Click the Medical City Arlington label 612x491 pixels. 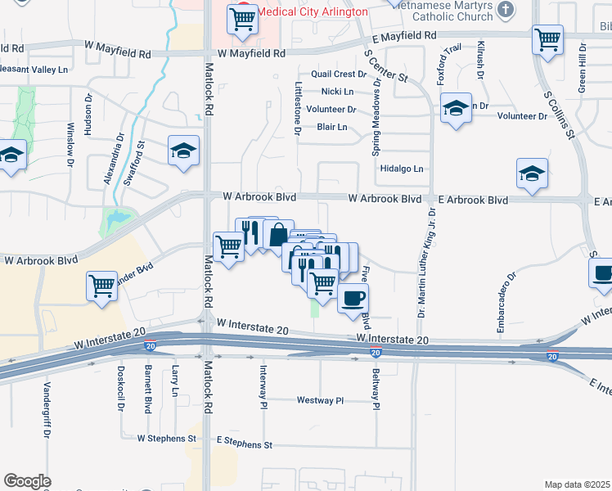tap(310, 12)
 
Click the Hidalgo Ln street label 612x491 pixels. tap(402, 169)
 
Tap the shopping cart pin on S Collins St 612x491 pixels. tap(547, 38)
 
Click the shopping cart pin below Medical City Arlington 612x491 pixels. tap(242, 18)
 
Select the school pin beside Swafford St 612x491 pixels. tap(184, 150)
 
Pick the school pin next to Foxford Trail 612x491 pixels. tap(456, 107)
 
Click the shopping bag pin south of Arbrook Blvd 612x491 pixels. tap(278, 234)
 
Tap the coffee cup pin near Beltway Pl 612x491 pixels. tap(353, 298)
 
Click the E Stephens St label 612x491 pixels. tap(244, 444)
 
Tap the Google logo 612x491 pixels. tap(27, 481)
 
